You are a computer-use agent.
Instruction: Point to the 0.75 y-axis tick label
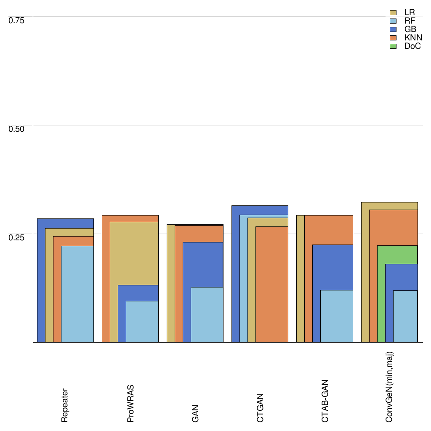point(17,20)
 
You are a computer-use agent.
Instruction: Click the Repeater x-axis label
point(65,405)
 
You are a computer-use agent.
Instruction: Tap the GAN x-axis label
point(195,413)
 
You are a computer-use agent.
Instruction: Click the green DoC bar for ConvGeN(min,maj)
point(381,295)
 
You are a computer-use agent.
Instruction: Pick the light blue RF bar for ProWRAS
point(142,322)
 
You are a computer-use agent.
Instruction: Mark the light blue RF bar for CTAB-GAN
point(337,316)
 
